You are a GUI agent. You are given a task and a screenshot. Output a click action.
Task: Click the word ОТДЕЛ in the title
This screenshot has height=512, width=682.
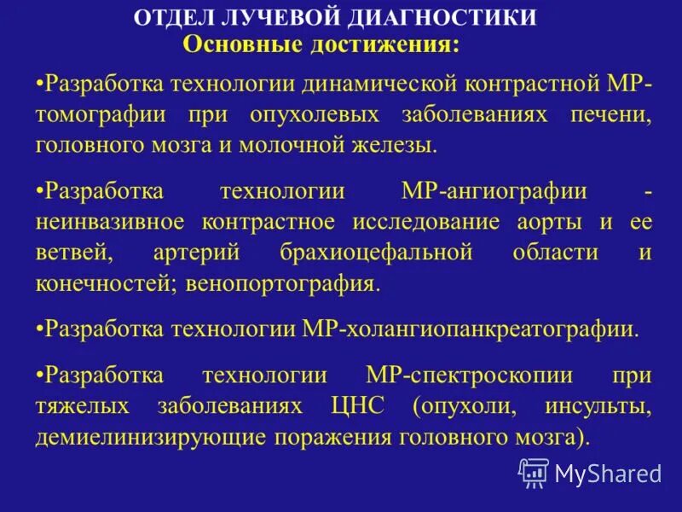point(177,18)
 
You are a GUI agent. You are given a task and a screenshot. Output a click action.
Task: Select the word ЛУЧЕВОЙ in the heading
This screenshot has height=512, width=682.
point(286,18)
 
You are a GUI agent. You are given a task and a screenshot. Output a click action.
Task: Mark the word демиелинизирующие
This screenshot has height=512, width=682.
point(148,437)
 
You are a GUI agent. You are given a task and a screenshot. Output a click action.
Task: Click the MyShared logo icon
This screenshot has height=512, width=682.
point(534,472)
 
